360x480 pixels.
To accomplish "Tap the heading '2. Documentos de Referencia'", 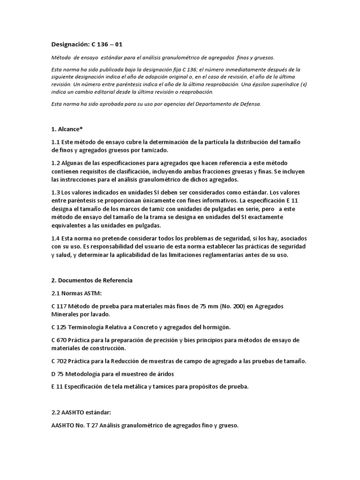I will pyautogui.click(x=92, y=280).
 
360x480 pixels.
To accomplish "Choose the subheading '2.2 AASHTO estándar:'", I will pyautogui.click(x=81, y=412).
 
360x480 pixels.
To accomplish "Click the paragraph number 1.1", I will pyautogui.click(x=56, y=142).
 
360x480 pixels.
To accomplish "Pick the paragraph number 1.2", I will pyautogui.click(x=56, y=162).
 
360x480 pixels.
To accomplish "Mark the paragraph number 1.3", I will pyautogui.click(x=56, y=193).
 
